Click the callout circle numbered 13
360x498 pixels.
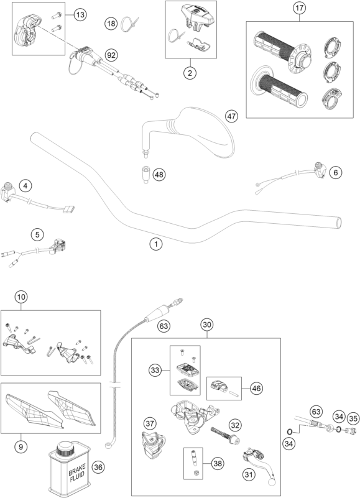[x=81, y=14]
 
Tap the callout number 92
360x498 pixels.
[x=111, y=55]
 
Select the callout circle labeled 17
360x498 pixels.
[x=299, y=8]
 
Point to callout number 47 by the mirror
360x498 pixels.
[x=231, y=116]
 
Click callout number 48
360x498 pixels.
[x=159, y=174]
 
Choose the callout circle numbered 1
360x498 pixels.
[x=156, y=244]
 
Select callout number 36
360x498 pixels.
[x=98, y=467]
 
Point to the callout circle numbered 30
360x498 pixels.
[x=207, y=325]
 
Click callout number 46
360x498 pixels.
[x=257, y=388]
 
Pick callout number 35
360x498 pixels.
[x=353, y=418]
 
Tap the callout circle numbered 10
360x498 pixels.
[x=21, y=297]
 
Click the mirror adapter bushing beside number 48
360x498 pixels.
[x=145, y=174]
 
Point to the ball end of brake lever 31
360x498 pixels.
[x=272, y=482]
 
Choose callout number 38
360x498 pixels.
[x=218, y=463]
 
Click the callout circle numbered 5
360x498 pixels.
[x=37, y=235]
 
